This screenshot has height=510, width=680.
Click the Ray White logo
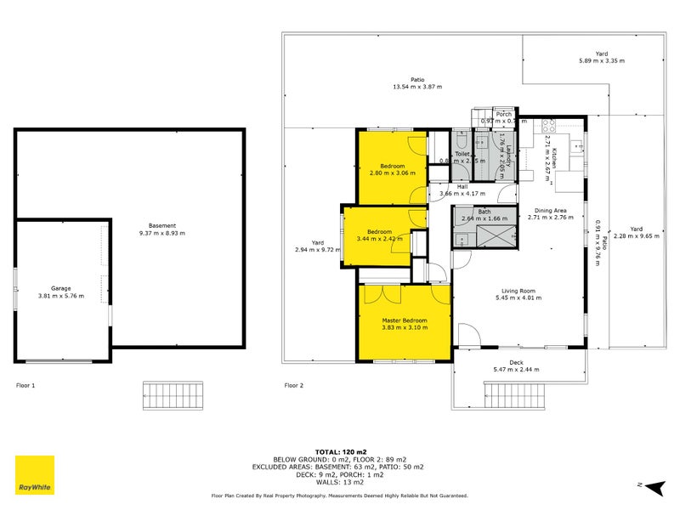[x=35, y=475]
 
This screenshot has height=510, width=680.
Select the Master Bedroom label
[x=404, y=320]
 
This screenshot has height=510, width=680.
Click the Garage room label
[x=59, y=288]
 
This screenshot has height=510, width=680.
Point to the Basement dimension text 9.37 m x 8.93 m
[x=161, y=233]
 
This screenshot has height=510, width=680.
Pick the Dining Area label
[x=550, y=210]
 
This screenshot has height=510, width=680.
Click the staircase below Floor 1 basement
[x=174, y=395]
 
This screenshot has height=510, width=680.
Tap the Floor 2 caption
[x=293, y=385]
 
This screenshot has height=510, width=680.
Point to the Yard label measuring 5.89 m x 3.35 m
[x=601, y=60]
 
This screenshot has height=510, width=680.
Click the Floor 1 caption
[x=25, y=385]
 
